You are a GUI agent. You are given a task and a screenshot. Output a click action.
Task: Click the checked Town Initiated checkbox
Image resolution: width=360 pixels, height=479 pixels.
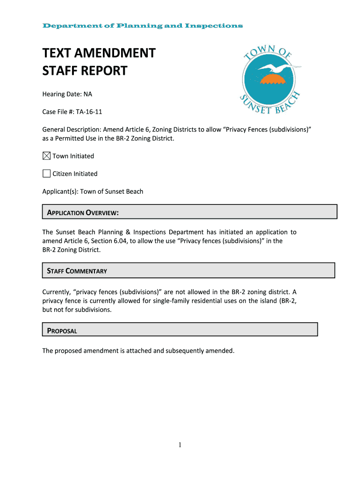47,156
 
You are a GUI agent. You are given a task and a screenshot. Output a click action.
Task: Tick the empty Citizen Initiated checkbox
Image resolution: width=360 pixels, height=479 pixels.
47,174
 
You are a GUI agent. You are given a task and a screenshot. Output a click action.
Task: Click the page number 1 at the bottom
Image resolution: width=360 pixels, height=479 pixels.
180,445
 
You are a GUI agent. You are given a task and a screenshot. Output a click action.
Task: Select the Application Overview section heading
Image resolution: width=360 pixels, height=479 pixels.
83,213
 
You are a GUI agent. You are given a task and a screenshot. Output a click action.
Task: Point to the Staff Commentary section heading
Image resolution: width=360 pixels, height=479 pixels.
77,271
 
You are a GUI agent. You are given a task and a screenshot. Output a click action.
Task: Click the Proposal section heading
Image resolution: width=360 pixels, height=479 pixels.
62,331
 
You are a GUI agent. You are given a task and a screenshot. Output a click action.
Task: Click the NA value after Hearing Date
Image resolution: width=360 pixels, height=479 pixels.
88,94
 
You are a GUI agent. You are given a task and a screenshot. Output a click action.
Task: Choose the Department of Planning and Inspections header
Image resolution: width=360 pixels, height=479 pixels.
143,26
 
